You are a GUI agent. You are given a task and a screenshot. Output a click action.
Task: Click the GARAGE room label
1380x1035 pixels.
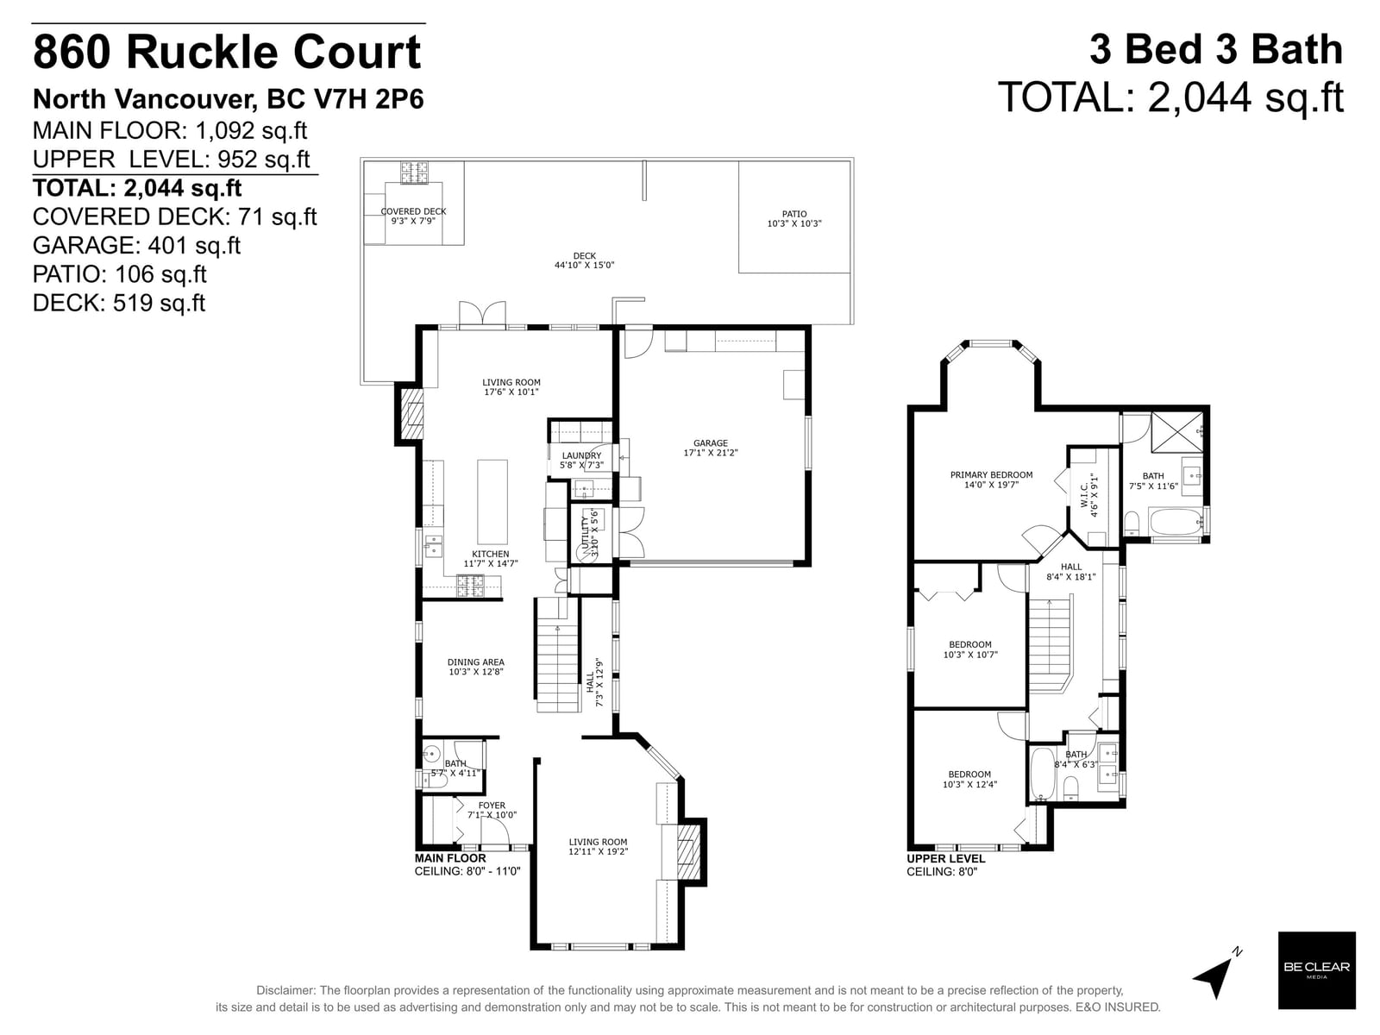(711, 443)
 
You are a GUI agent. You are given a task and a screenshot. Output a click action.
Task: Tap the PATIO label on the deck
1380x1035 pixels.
(794, 214)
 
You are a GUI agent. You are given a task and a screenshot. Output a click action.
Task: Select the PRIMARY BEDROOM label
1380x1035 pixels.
(992, 474)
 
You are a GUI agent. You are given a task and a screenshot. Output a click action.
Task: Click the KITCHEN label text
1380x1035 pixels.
(491, 554)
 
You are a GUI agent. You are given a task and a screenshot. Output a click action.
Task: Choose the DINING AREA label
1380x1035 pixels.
(475, 662)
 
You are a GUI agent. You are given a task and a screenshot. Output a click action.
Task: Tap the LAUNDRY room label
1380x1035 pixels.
(581, 455)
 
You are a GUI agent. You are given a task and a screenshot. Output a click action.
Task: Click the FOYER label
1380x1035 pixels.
(492, 805)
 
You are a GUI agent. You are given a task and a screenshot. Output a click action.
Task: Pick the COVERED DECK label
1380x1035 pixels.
(414, 211)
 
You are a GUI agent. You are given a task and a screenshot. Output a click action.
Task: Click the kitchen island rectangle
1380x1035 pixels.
(492, 501)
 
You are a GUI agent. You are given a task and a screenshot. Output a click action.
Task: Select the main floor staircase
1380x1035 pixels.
(558, 655)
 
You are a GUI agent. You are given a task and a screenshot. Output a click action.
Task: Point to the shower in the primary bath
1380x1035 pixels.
(1177, 432)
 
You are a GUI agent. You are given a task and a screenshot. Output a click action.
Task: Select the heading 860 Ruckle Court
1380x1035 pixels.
(227, 52)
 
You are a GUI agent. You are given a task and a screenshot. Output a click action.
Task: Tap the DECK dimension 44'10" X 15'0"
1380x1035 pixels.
(584, 265)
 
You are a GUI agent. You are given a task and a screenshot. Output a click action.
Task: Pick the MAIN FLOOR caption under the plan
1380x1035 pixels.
(450, 858)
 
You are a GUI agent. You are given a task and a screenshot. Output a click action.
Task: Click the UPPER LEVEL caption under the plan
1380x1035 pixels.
(945, 858)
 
